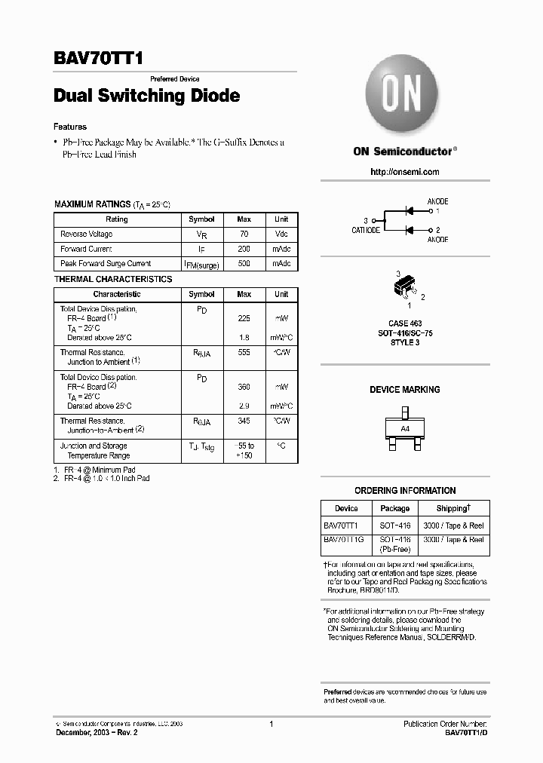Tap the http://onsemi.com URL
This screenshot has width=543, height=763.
[x=405, y=172]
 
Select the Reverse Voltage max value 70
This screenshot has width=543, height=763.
[x=244, y=234]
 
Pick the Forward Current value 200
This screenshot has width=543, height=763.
[x=244, y=249]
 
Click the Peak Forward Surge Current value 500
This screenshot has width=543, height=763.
[x=244, y=264]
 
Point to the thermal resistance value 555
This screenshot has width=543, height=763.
[x=244, y=352]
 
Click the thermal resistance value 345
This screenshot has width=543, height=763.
[x=244, y=421]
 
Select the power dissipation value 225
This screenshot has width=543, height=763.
[x=244, y=318]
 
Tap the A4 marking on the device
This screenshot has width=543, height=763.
[x=405, y=428]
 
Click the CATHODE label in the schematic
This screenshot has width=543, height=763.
[x=366, y=230]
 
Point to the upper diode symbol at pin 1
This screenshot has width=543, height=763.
[x=410, y=210]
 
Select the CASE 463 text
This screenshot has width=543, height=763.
[x=405, y=323]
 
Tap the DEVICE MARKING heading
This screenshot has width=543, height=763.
[x=405, y=390]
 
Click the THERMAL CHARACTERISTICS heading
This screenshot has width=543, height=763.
[x=112, y=279]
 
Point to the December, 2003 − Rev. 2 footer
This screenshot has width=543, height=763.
[x=95, y=732]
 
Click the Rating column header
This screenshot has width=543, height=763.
[x=117, y=219]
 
